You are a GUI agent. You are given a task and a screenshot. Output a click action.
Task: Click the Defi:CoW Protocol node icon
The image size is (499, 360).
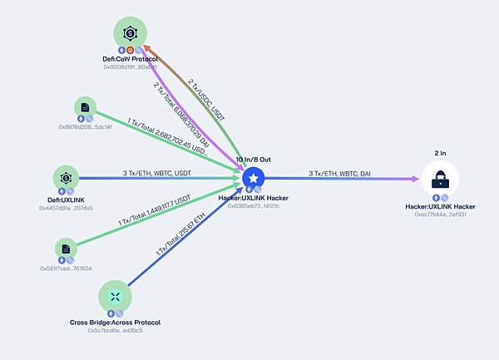[x=131, y=33]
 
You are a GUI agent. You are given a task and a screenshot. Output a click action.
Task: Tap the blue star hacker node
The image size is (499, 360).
[x=253, y=178]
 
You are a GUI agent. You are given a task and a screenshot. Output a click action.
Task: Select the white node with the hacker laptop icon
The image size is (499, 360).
[x=440, y=179]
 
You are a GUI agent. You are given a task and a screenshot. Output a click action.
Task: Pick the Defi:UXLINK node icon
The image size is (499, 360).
[x=66, y=178]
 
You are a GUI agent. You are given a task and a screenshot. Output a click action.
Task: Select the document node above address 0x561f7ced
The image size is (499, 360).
[x=65, y=249]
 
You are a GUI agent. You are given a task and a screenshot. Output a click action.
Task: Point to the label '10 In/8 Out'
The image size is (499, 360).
[x=253, y=158]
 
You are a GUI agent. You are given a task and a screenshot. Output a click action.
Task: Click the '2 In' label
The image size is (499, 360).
[x=440, y=154]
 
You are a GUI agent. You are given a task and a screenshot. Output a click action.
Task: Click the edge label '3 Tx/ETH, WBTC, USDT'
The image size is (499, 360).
[x=158, y=171]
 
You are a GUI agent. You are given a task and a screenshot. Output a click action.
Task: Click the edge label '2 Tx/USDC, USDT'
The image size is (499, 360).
[x=207, y=98]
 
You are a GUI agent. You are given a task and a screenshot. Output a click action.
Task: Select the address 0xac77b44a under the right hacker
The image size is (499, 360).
[x=440, y=214]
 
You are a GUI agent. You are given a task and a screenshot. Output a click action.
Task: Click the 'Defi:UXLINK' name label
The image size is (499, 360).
[x=66, y=200]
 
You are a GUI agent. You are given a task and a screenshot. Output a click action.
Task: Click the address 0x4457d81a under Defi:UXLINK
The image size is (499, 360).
[x=66, y=208]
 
